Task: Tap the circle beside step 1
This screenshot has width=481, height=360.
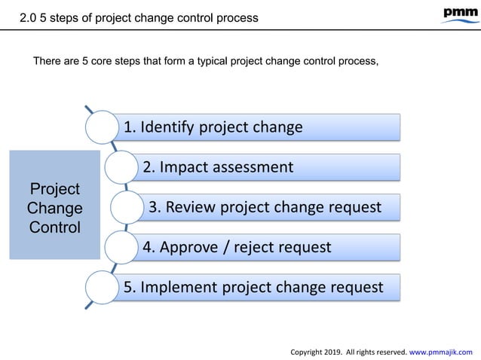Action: [x=103, y=127]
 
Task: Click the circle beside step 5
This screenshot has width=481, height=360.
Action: [x=103, y=287]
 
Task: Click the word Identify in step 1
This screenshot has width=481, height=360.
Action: [x=167, y=126]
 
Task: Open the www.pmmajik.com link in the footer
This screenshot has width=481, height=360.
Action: [x=440, y=350]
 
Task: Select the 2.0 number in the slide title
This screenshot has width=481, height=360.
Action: [x=28, y=17]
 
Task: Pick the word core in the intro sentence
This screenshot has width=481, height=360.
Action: [x=98, y=61]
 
